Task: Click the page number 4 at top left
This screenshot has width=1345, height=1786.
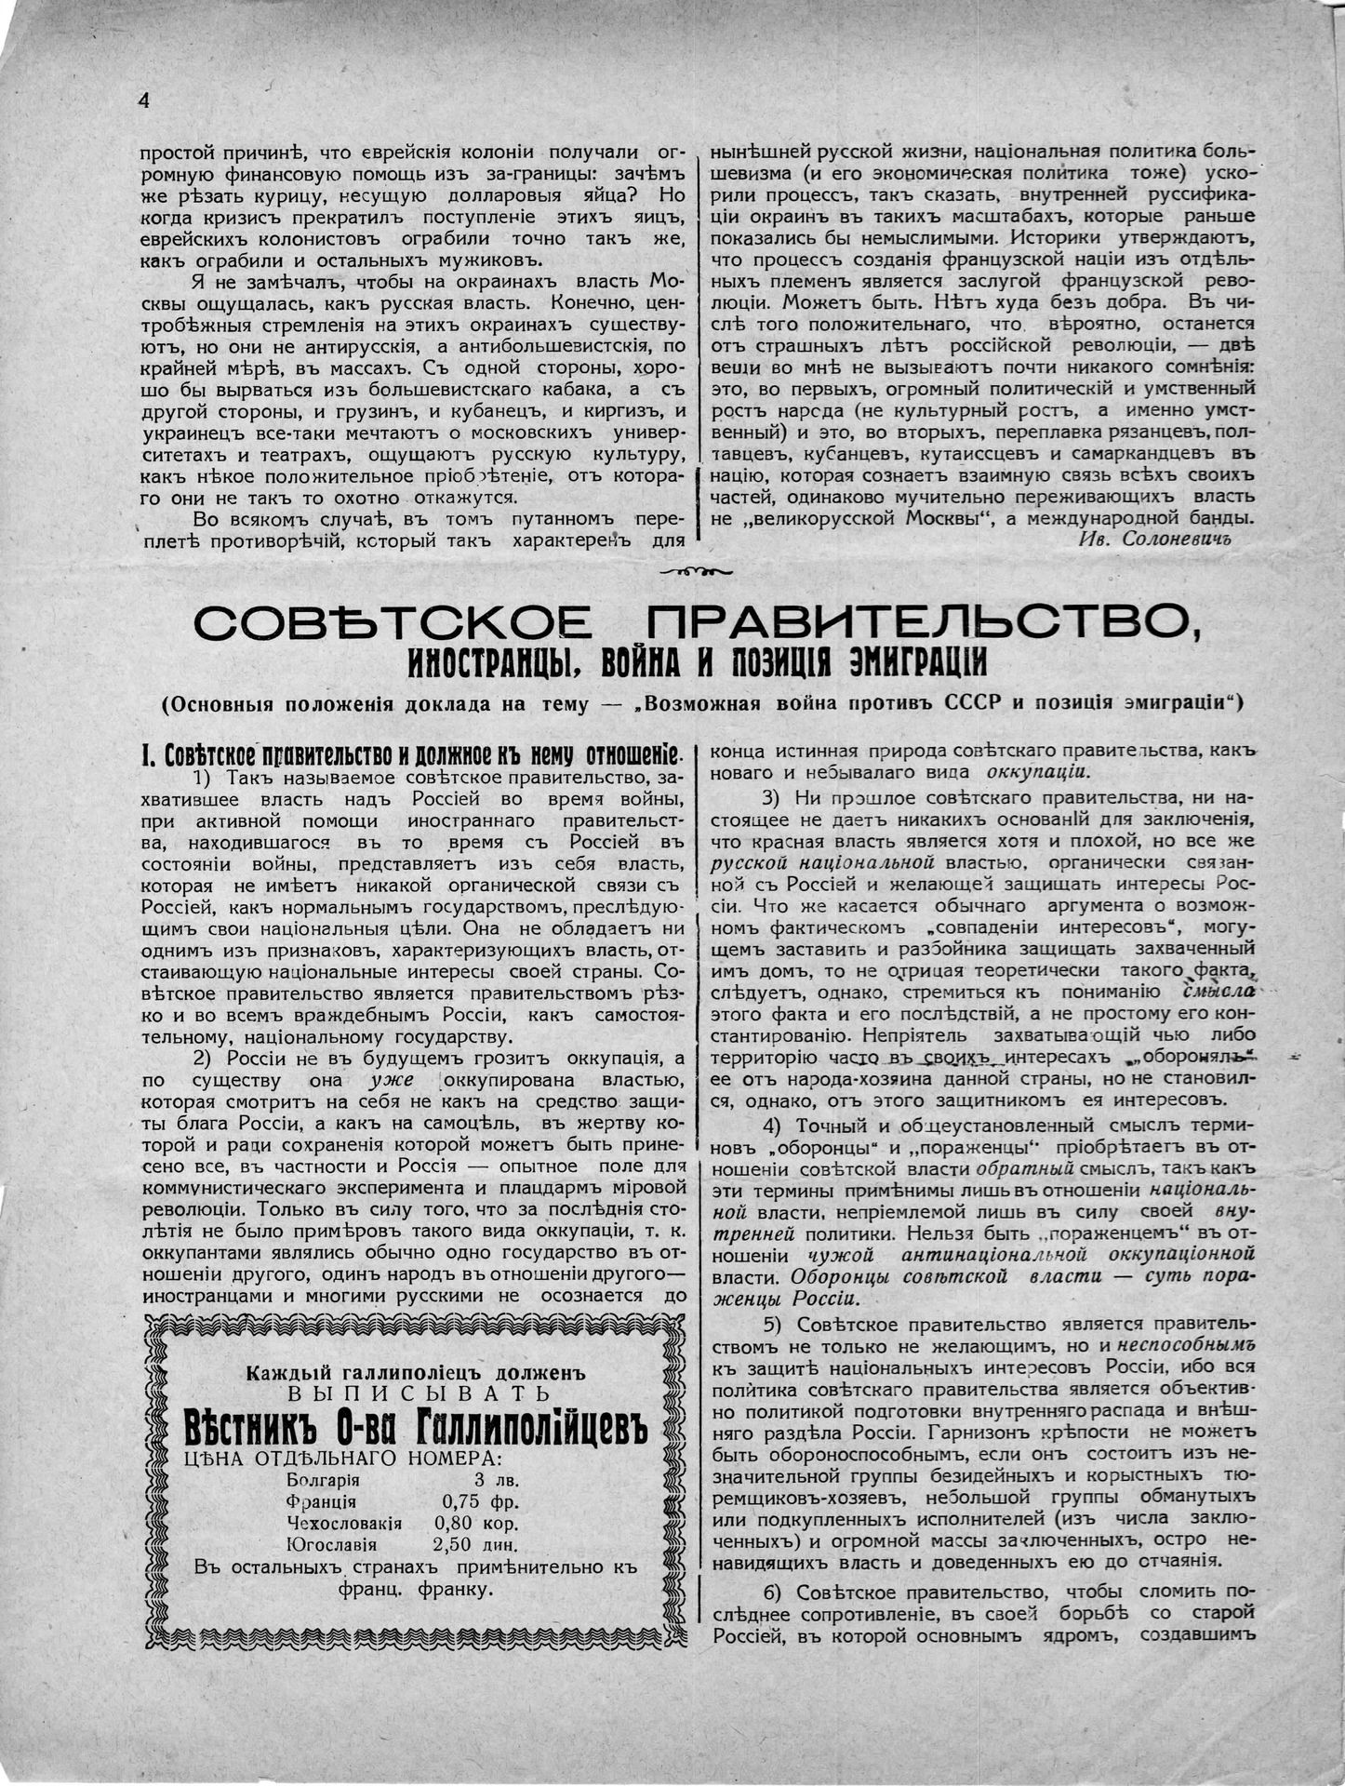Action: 143,100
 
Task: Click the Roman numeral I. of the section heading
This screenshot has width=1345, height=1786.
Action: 147,754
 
